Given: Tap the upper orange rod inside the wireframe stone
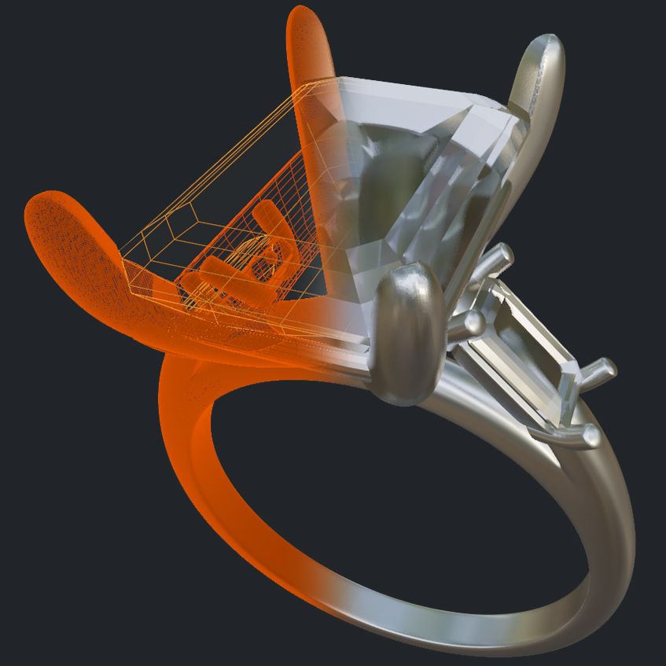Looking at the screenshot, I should [271, 220].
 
